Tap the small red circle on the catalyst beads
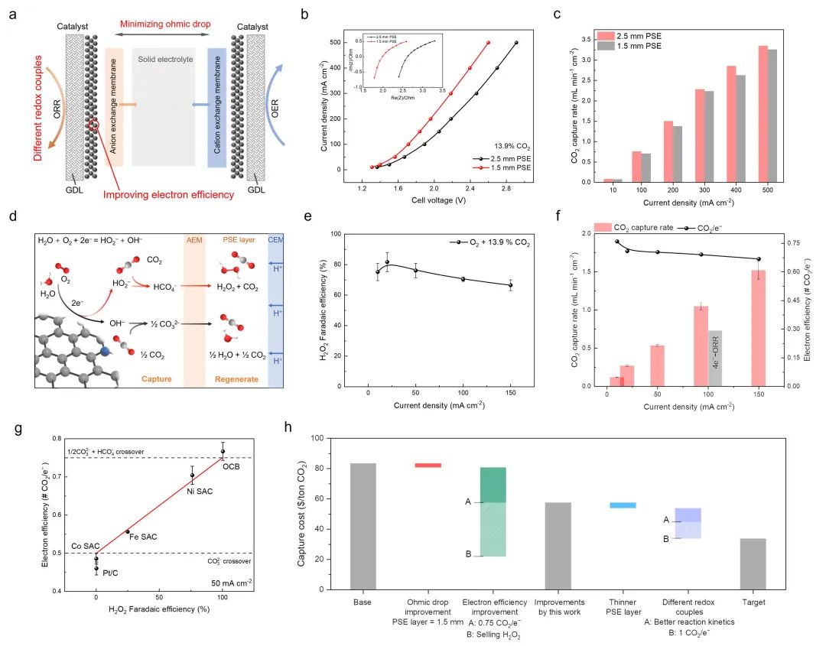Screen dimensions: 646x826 coord(94,125)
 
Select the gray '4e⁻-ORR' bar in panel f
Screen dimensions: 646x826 coord(715,358)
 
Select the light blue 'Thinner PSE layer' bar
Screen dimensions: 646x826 coord(622,505)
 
